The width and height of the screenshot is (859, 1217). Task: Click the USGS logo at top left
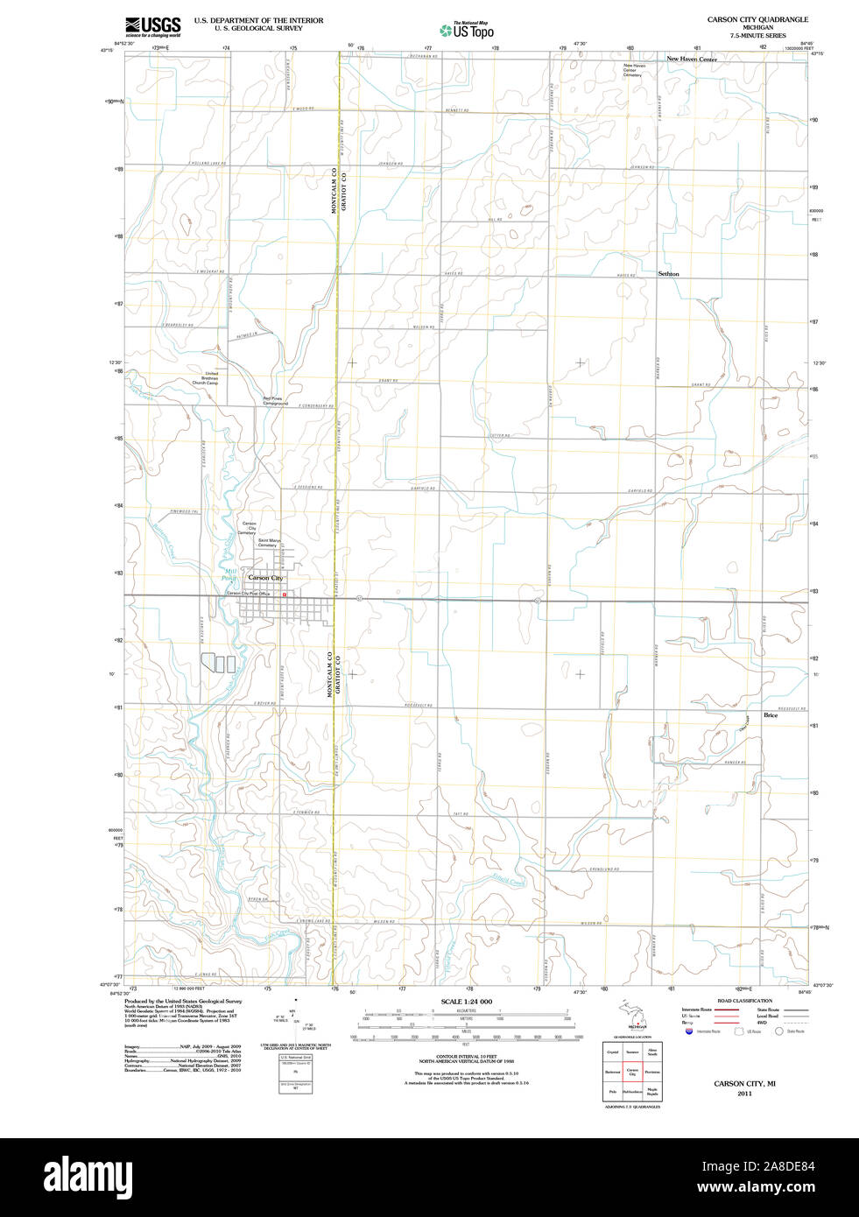152,26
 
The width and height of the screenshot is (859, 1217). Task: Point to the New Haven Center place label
691,60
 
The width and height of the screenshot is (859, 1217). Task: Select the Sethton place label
668,274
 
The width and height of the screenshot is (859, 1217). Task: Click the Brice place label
771,715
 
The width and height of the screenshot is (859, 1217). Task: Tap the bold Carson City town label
265,578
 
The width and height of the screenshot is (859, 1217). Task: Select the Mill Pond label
229,573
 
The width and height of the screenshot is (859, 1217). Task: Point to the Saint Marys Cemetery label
269,543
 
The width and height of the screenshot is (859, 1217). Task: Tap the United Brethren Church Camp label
207,378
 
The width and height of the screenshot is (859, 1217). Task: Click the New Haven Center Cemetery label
633,70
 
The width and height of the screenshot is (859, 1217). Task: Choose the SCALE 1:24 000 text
466,1002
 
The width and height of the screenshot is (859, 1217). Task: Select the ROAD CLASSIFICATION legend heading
744,1001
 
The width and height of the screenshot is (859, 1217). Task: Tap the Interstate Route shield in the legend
690,1031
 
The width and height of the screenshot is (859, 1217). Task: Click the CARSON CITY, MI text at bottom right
743,1084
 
